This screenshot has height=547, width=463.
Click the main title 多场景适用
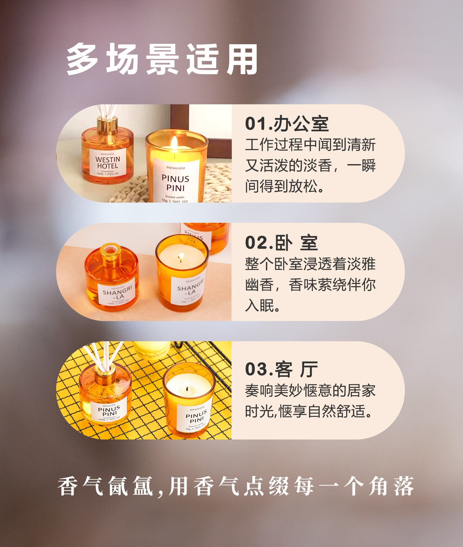coord(162,59)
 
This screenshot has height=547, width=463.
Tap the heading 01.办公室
coord(286,124)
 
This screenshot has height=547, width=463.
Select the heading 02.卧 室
coord(281,243)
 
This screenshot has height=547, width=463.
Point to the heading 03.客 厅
coord(281,369)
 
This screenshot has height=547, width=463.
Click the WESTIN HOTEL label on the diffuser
coord(108,163)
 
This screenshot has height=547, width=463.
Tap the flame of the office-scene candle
coord(174,143)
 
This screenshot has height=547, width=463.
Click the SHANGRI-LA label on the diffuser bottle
coord(117,293)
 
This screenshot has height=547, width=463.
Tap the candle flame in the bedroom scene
coord(181,257)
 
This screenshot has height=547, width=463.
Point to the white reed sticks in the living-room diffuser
coord(101,355)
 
